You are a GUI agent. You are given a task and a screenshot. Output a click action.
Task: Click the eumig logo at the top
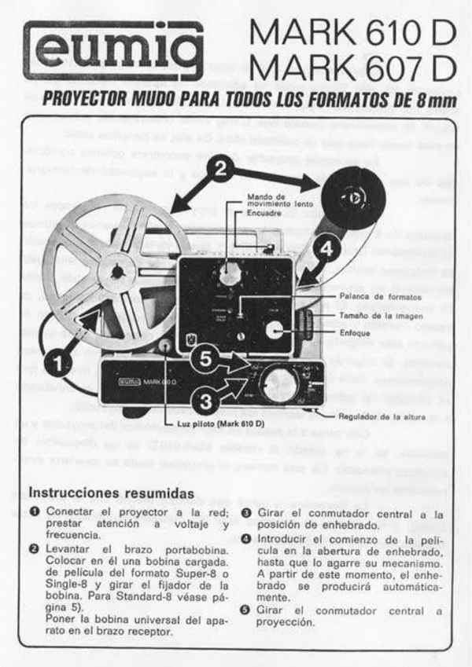(113, 50)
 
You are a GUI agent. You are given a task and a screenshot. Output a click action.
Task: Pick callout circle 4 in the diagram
(324, 249)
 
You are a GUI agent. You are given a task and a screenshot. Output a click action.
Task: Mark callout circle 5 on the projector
(206, 357)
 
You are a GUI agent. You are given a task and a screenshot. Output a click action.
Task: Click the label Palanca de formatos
(376, 297)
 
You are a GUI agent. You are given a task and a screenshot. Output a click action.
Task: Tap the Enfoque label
(356, 333)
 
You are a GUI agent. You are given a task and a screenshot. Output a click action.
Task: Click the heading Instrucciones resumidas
(111, 493)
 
